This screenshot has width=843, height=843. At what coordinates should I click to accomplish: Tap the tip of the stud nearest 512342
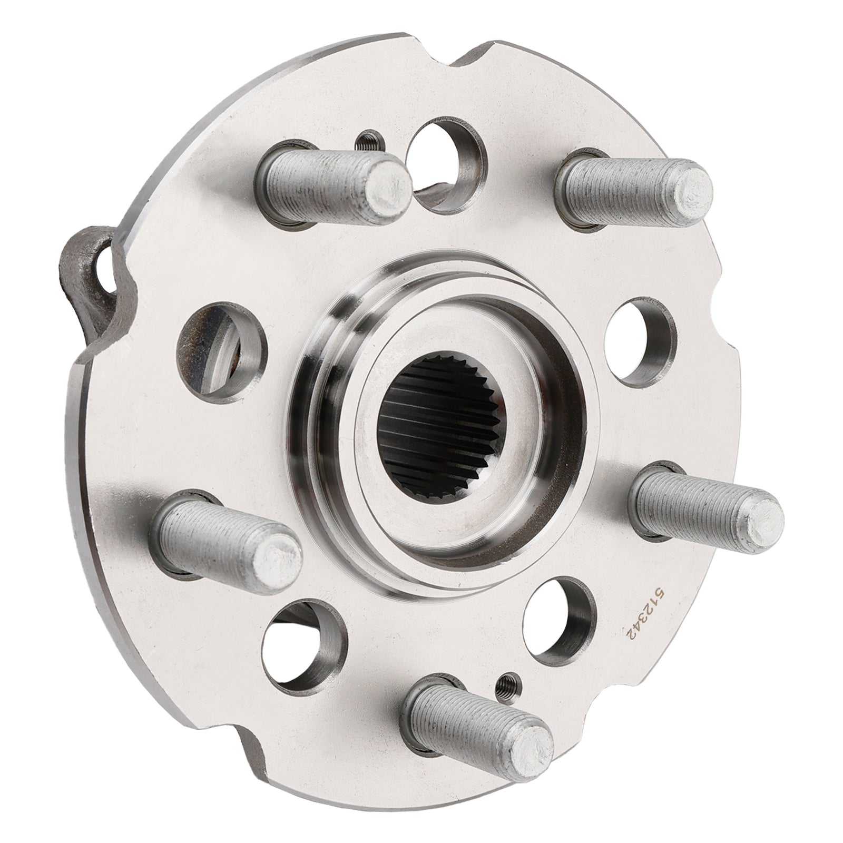tap(759, 513)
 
